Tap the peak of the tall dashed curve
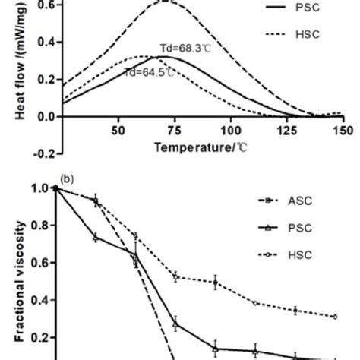(166, 2)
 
